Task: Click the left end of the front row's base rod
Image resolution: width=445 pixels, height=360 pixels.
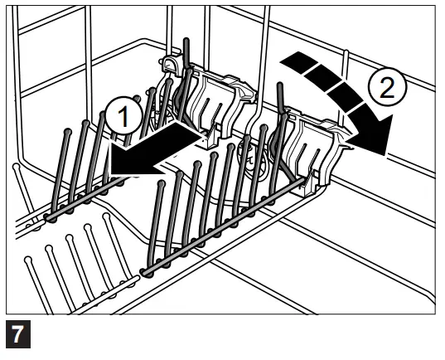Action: click(146, 270)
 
